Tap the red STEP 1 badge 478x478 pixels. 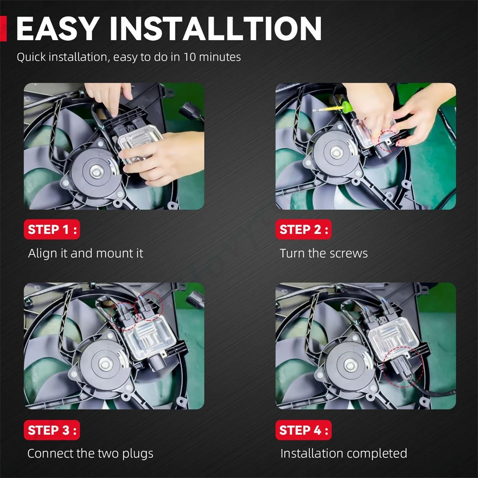pyautogui.click(x=52, y=229)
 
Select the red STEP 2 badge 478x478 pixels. pyautogui.click(x=304, y=229)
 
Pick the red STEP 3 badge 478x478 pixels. pyautogui.click(x=52, y=430)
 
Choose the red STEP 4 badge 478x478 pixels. pyautogui.click(x=304, y=430)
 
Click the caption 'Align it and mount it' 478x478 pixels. pyautogui.click(x=86, y=253)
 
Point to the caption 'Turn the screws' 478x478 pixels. pyautogui.click(x=324, y=253)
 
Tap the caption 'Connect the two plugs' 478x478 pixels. pyautogui.click(x=90, y=454)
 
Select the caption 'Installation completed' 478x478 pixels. pyautogui.click(x=344, y=454)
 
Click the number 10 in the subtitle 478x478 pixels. pyautogui.click(x=189, y=57)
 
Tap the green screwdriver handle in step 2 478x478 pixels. pyautogui.click(x=347, y=107)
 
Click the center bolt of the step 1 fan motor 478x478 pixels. pyautogui.click(x=97, y=173)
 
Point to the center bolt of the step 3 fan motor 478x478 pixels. pyautogui.click(x=105, y=364)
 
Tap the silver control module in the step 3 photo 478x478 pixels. pyautogui.click(x=149, y=337)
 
